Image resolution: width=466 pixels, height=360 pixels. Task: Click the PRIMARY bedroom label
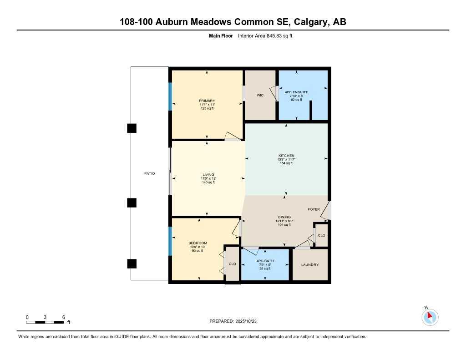(207, 101)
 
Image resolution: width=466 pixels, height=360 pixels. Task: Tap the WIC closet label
(260, 96)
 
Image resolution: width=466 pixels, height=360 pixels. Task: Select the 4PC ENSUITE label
(296, 92)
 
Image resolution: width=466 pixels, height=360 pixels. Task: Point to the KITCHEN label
(286, 156)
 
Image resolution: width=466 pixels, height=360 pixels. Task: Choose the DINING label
(284, 217)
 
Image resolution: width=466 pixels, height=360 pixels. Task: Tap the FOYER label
(314, 209)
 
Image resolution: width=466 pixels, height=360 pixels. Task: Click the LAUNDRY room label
(309, 265)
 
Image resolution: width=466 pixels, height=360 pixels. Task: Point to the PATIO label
(150, 173)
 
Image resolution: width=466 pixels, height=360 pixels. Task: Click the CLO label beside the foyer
(321, 236)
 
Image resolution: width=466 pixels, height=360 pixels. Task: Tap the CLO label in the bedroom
(232, 264)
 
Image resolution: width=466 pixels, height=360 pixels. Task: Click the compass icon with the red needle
(430, 317)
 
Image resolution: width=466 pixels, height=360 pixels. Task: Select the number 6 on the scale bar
(64, 317)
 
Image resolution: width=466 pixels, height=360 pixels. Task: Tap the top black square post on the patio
(132, 128)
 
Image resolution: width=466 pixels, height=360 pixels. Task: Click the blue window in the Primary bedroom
(170, 96)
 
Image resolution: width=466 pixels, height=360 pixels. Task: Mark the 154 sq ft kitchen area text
(286, 163)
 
